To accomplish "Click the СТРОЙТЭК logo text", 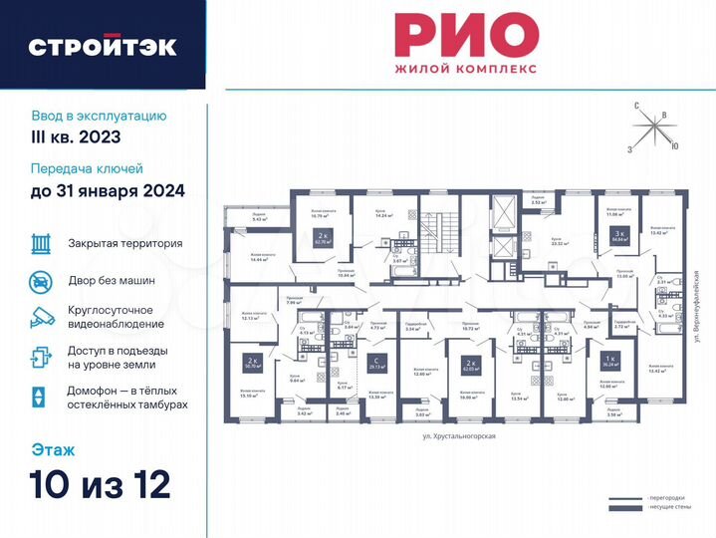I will coord(103,46).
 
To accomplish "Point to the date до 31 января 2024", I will coord(108,189).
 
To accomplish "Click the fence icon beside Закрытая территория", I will coord(40,243).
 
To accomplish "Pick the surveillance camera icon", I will coord(40,318).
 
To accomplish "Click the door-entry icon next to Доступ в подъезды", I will coord(40,357).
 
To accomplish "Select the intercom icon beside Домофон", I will coord(40,397).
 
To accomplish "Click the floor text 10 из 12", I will coord(100,484).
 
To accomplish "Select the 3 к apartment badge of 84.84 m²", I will coord(616,236).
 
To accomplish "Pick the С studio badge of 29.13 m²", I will coord(374,362).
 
